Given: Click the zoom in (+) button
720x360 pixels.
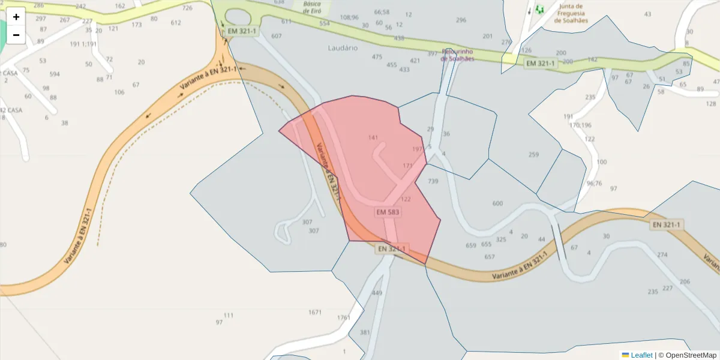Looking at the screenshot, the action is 16,17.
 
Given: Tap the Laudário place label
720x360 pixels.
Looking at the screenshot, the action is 343,47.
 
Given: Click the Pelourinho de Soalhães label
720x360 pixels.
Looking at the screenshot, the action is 458,55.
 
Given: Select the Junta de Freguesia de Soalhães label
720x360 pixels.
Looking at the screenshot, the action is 571,13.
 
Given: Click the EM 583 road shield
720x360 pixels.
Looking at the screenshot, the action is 388,212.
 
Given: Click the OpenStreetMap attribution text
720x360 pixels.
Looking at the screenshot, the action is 688,355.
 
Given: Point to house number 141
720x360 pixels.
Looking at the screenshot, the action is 373,138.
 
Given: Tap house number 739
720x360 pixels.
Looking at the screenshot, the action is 433,181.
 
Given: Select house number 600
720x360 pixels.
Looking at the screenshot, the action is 497,203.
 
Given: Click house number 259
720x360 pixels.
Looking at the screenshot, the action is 533,155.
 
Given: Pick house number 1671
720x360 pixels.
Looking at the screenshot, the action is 315,312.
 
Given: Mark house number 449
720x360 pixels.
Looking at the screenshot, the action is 377,293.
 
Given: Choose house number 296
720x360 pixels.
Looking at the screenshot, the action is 461,20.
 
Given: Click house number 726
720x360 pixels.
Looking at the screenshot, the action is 187,8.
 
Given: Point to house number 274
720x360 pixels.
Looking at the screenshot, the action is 662,255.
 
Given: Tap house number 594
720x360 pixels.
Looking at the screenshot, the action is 55,74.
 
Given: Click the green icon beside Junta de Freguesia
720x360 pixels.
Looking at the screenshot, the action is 539,9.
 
